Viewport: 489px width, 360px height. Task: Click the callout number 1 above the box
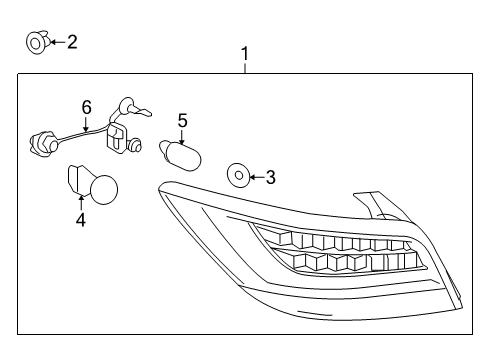click(x=244, y=53)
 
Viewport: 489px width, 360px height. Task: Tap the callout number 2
click(x=71, y=42)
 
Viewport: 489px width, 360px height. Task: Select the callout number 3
click(x=270, y=178)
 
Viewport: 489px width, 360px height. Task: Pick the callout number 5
click(x=182, y=120)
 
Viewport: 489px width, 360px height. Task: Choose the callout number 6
click(x=86, y=106)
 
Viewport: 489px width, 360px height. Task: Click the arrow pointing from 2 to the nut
click(x=55, y=42)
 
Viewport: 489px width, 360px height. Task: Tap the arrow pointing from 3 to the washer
click(x=255, y=178)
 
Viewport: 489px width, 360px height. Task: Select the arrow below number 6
click(x=86, y=124)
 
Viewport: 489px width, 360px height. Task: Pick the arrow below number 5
click(x=182, y=137)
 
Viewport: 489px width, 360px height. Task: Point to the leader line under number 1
click(x=244, y=67)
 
